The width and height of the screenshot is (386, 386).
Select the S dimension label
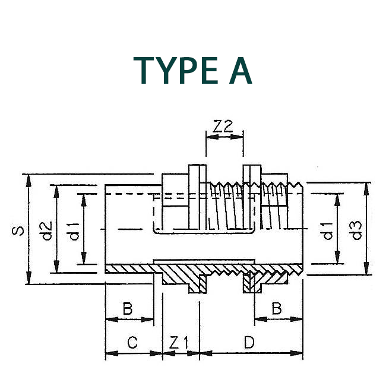coord(19,229)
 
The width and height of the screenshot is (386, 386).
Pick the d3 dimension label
coord(356,229)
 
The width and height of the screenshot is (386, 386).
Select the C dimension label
coord(132,343)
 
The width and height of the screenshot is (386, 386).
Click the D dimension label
coord(249,343)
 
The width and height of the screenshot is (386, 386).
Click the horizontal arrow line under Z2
coord(224,137)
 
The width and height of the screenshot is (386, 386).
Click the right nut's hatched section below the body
coord(252,286)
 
